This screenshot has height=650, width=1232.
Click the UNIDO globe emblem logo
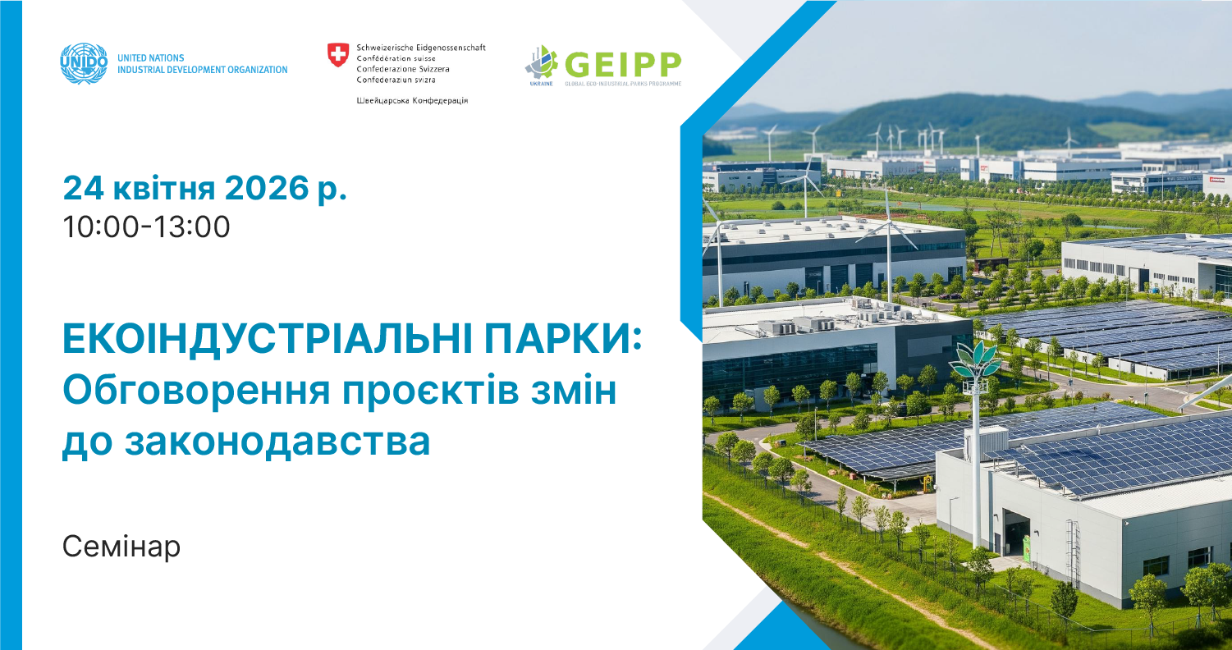[84, 64]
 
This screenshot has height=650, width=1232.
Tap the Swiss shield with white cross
[337, 55]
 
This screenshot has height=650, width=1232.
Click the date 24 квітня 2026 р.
[205, 190]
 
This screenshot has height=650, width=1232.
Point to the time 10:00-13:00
[146, 227]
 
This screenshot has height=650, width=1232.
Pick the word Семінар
[121, 547]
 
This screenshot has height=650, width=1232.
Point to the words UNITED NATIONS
[151, 58]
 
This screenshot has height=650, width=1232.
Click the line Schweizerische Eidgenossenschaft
[421, 48]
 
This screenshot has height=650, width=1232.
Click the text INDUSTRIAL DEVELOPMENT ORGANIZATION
[203, 70]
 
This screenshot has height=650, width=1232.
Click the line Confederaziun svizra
[396, 80]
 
